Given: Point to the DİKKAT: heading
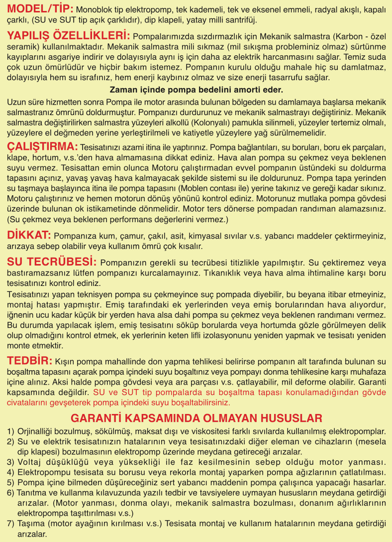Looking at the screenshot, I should (x=29, y=235).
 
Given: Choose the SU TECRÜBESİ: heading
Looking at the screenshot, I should (x=52, y=262).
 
